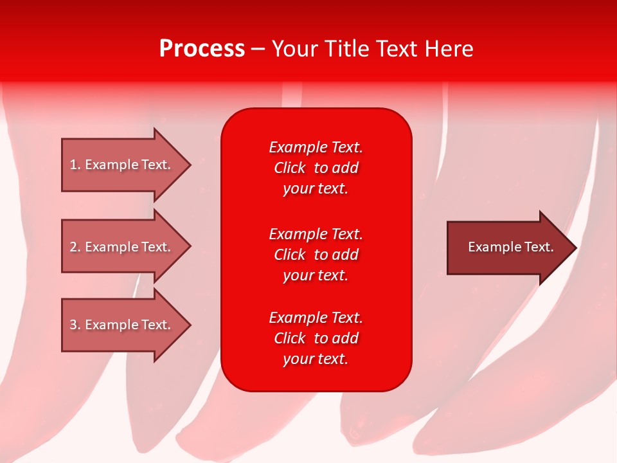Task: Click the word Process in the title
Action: (x=202, y=48)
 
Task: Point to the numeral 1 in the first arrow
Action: (x=73, y=165)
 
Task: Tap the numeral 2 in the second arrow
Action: (x=73, y=247)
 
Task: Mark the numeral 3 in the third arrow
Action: (x=73, y=324)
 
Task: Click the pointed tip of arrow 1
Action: (x=191, y=165)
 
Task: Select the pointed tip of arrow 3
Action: (x=191, y=325)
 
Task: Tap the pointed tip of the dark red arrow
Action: (x=577, y=248)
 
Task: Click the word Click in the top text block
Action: (x=290, y=168)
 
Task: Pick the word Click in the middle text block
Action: (x=290, y=255)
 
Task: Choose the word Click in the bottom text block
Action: (x=290, y=338)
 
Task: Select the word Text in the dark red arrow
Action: (x=539, y=247)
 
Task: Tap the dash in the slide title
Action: (x=258, y=50)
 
